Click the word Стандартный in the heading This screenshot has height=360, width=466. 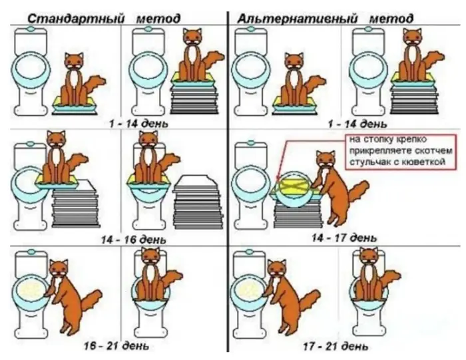click(x=75, y=19)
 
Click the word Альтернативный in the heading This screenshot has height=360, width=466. click(x=297, y=19)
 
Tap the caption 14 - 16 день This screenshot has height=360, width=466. click(x=133, y=240)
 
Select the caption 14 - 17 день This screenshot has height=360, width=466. click(x=344, y=238)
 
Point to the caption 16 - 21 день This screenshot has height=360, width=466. click(x=116, y=346)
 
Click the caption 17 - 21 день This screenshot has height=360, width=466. click(x=336, y=346)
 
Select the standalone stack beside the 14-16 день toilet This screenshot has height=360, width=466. click(x=197, y=204)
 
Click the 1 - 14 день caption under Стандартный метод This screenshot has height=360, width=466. click(x=138, y=123)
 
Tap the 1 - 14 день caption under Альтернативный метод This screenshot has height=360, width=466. click(x=357, y=124)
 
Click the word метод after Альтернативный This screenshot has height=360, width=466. click(x=391, y=19)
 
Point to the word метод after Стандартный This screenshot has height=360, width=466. click(x=158, y=19)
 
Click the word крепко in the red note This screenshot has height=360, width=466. click(x=411, y=139)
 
